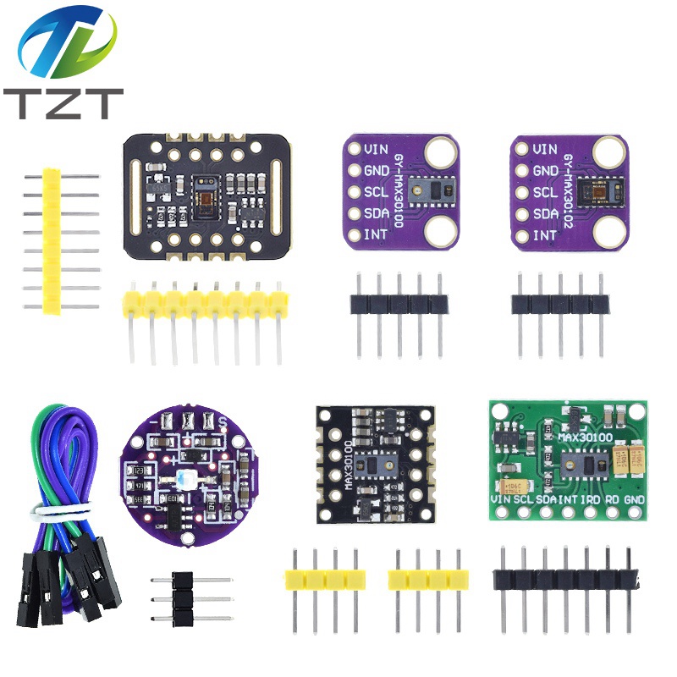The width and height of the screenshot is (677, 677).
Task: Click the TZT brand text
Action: [x=63, y=102]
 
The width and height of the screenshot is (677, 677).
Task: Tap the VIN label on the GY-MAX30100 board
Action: [x=377, y=149]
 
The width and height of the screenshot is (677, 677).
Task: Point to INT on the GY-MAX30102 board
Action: [x=545, y=235]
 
